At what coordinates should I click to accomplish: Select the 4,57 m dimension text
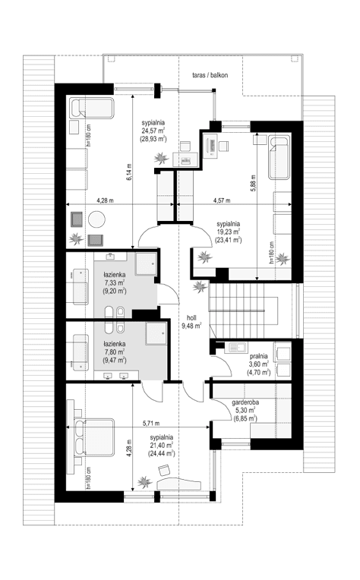[219, 200]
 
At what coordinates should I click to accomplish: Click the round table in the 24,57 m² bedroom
[97, 221]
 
